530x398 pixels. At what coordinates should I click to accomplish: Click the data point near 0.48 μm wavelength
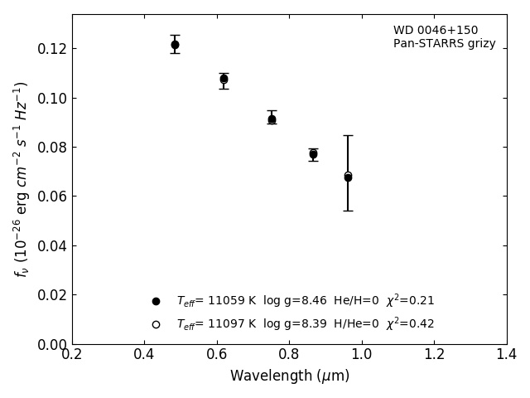point(175,45)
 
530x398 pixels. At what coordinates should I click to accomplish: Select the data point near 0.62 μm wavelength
point(224,80)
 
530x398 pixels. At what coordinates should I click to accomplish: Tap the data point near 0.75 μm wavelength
point(272,119)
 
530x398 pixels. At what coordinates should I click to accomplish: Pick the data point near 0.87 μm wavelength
point(313,154)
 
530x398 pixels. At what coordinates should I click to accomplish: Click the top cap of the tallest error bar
point(348,135)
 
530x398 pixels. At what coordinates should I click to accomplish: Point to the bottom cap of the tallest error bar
point(348,211)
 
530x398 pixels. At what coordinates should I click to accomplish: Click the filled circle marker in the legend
point(156,301)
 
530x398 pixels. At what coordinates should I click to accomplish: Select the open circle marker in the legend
point(156,324)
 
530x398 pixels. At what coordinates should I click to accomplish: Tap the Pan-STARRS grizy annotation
point(445,44)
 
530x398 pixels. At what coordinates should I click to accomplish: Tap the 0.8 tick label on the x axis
point(290,355)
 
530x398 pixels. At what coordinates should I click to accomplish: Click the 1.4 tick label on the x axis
point(507,355)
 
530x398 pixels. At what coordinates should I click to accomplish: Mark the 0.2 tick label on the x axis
point(72,355)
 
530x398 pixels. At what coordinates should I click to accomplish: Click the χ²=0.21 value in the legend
point(410,301)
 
